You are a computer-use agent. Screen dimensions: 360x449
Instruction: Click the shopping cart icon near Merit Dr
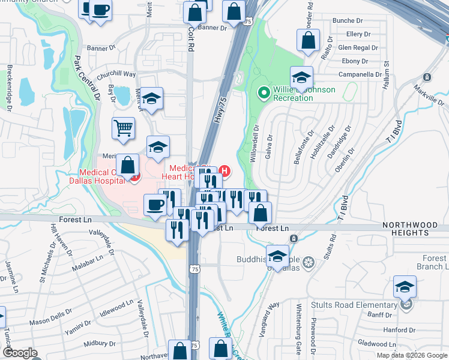click(x=123, y=127)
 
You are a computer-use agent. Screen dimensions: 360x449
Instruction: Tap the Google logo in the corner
click(x=20, y=353)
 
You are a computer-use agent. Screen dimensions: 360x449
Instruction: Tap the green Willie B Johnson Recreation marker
click(x=263, y=93)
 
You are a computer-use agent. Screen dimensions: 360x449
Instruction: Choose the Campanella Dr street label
click(x=360, y=74)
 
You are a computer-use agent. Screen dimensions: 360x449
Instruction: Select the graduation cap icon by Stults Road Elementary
click(x=405, y=286)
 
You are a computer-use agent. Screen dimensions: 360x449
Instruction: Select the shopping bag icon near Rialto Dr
click(x=308, y=40)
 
